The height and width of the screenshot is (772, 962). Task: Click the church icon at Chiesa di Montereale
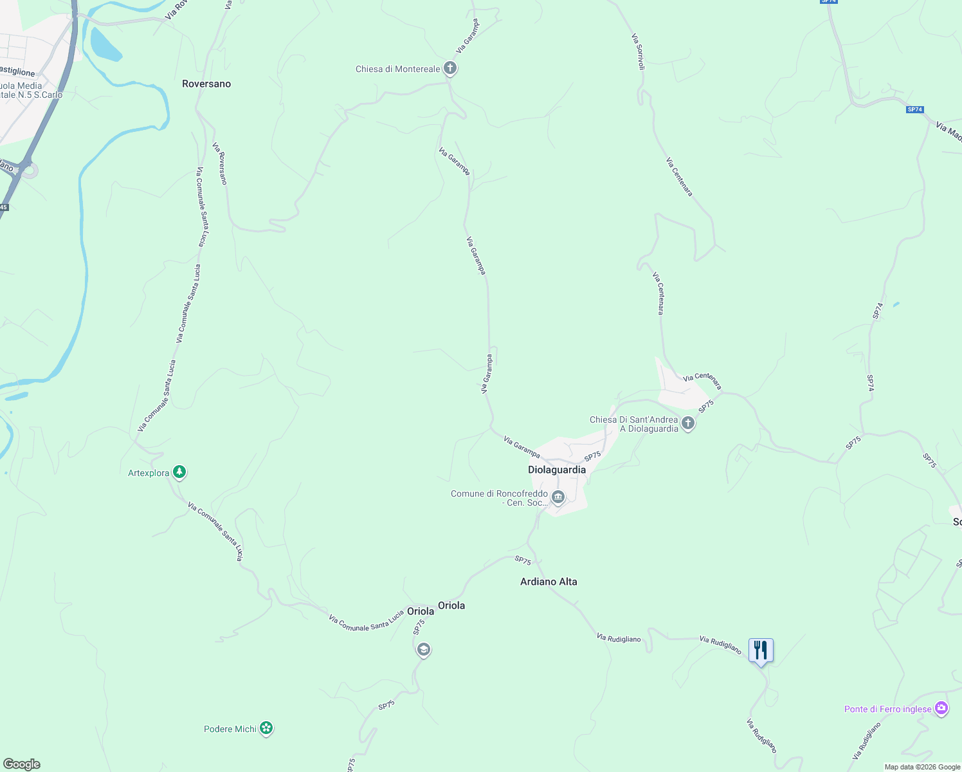point(450,68)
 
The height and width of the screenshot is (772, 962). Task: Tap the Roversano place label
point(206,84)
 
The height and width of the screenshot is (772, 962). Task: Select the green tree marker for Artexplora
point(179,473)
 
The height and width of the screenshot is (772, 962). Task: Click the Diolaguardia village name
point(557,470)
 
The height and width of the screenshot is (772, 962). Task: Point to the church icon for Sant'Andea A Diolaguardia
point(688,423)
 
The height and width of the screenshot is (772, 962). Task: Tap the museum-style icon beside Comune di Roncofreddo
point(558,497)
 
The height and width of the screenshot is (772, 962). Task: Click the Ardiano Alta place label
point(549,582)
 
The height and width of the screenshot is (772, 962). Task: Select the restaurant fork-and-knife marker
point(761,651)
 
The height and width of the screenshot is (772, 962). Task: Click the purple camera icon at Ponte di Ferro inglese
point(941,708)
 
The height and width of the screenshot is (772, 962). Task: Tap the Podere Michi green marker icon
point(266,728)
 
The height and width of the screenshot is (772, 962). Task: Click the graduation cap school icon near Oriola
point(423,650)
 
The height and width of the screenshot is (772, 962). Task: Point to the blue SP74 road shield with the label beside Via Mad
point(915,109)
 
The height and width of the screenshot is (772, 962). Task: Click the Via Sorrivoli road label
point(638,51)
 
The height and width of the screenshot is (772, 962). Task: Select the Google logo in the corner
point(21,764)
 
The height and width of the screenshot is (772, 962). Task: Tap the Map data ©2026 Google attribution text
point(922,767)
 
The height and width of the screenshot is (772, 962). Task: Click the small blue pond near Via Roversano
point(105,43)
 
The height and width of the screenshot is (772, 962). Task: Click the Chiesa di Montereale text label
point(398,69)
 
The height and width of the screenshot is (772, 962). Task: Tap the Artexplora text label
point(149,473)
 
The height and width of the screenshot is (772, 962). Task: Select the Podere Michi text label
point(230,729)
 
